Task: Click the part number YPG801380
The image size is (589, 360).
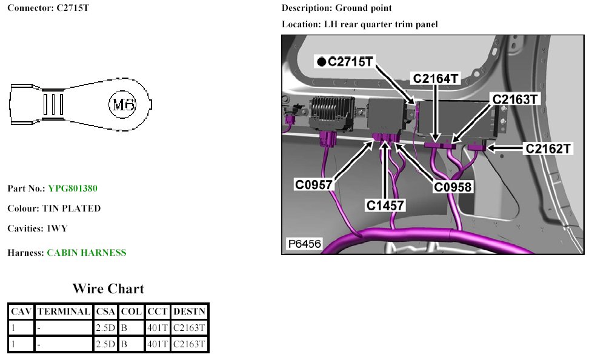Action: click(x=73, y=188)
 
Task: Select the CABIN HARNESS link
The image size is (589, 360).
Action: click(x=87, y=253)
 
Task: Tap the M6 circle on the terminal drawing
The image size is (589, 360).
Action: click(x=122, y=104)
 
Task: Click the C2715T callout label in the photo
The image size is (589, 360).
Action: click(x=350, y=61)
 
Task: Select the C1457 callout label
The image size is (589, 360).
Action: click(x=385, y=205)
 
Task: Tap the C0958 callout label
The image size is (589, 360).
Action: click(x=453, y=187)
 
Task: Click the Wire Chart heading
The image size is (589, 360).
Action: click(x=108, y=288)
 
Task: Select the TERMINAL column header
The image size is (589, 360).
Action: click(x=63, y=312)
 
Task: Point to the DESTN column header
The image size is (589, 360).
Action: click(x=190, y=312)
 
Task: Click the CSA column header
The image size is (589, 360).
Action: click(x=105, y=312)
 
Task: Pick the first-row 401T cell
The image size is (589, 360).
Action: click(x=157, y=328)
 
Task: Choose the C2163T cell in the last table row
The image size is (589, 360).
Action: click(x=190, y=344)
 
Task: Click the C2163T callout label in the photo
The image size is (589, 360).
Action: click(x=514, y=99)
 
